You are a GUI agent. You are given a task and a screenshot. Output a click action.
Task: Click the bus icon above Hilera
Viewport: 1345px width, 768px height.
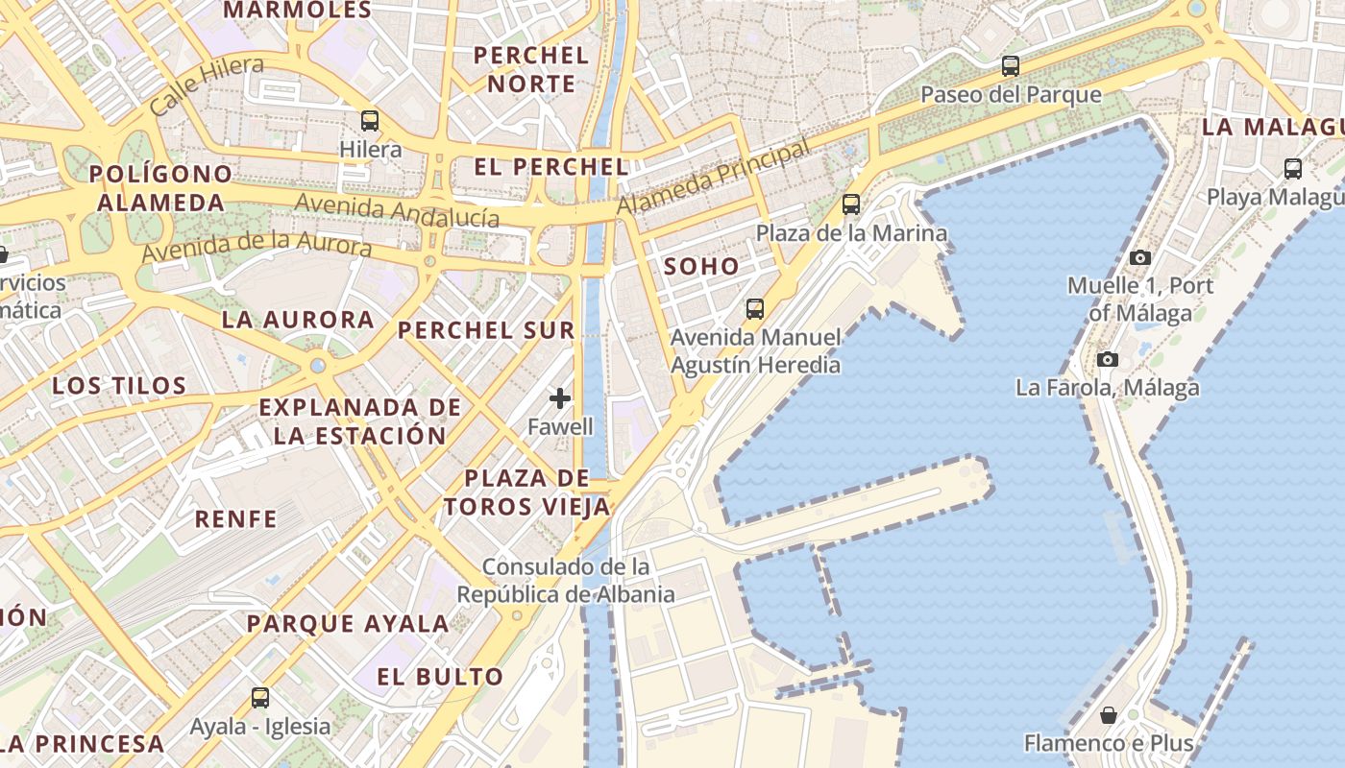click(370, 121)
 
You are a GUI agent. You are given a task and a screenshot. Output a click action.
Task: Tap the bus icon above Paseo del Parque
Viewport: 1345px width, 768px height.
click(1010, 66)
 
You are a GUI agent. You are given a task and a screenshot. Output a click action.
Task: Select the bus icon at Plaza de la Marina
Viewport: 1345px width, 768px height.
click(850, 204)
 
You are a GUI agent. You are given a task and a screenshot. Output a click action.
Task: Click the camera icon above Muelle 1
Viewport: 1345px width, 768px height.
click(1140, 257)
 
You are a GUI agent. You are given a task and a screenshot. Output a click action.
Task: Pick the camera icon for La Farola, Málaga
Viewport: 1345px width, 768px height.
click(1108, 359)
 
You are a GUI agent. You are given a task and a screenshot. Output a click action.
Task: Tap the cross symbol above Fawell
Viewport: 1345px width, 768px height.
click(560, 398)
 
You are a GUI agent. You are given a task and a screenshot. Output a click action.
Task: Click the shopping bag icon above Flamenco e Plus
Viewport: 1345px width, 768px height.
click(1109, 715)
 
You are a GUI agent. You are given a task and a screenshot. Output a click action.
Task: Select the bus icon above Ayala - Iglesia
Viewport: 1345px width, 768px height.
click(259, 698)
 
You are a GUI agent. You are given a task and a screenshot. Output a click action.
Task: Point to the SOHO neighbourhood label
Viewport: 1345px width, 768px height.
click(701, 267)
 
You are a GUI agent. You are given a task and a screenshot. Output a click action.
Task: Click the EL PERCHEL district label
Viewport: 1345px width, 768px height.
click(550, 167)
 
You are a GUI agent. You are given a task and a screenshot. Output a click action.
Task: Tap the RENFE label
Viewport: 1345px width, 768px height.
click(236, 519)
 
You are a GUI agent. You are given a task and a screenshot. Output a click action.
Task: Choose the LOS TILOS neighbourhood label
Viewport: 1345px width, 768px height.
click(119, 386)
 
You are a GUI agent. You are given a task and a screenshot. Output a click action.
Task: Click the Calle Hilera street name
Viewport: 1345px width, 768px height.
click(207, 86)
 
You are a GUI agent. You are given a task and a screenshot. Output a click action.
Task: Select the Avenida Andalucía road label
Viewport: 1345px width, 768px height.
click(397, 210)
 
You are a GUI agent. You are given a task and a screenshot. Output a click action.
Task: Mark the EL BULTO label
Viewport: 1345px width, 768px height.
click(440, 677)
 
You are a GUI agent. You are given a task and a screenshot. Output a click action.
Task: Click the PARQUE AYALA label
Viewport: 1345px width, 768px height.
click(348, 624)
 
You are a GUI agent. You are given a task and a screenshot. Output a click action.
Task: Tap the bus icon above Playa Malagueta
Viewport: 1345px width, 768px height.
click(1293, 169)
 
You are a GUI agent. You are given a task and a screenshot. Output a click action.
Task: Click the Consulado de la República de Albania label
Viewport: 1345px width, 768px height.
click(565, 581)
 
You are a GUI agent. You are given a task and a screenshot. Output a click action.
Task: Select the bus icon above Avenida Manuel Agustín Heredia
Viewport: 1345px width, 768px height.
click(755, 309)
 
